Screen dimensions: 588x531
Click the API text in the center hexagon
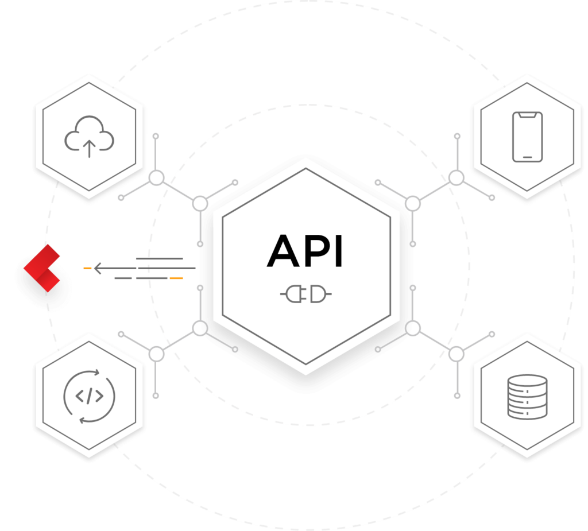[x=304, y=250]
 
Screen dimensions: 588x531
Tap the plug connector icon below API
[x=305, y=294]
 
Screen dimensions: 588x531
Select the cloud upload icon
[x=89, y=137]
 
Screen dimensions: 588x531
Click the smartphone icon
[x=527, y=137]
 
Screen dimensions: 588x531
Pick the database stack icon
[x=527, y=397]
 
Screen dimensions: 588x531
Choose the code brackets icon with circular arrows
[x=89, y=396]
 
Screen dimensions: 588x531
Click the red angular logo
[x=41, y=268]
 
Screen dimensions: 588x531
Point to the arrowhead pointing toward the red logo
[x=98, y=268]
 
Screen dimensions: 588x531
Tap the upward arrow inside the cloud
[x=89, y=149]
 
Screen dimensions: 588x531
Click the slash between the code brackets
[x=89, y=396]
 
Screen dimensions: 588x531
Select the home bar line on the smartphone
[x=527, y=157]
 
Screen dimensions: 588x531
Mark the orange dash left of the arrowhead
[x=87, y=268]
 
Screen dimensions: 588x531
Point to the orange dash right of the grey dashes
[x=176, y=278]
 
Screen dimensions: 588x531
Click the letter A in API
[x=283, y=251]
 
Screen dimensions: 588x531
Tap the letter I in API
[x=339, y=251]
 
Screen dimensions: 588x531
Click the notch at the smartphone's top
[x=527, y=114]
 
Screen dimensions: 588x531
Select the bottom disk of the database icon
[x=527, y=413]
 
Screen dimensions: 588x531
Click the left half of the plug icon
[x=292, y=294]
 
